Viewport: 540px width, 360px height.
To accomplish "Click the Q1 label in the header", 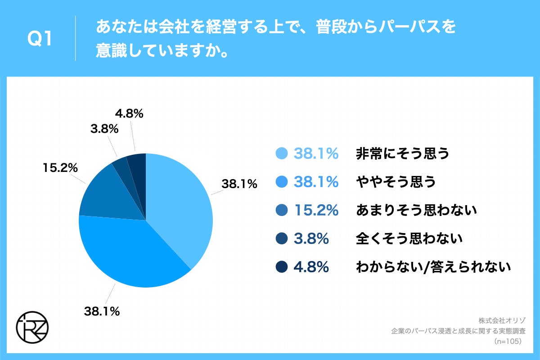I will (40, 40).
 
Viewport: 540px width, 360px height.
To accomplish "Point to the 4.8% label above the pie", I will (129, 114).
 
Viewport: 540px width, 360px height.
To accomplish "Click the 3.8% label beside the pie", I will (104, 130).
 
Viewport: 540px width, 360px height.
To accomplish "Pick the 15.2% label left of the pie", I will (60, 168).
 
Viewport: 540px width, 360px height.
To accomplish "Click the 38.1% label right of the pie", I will (239, 184).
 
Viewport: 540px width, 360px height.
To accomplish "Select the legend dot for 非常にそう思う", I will (281, 153).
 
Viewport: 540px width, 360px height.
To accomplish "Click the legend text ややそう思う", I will (396, 182).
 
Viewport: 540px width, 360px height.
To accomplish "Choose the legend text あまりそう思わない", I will (416, 210).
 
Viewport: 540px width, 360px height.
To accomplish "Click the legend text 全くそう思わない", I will (409, 238).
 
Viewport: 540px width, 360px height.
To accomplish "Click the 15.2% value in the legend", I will (316, 210).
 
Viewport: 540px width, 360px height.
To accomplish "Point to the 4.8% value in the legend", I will (311, 267).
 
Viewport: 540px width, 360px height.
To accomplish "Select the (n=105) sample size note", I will (507, 342).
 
